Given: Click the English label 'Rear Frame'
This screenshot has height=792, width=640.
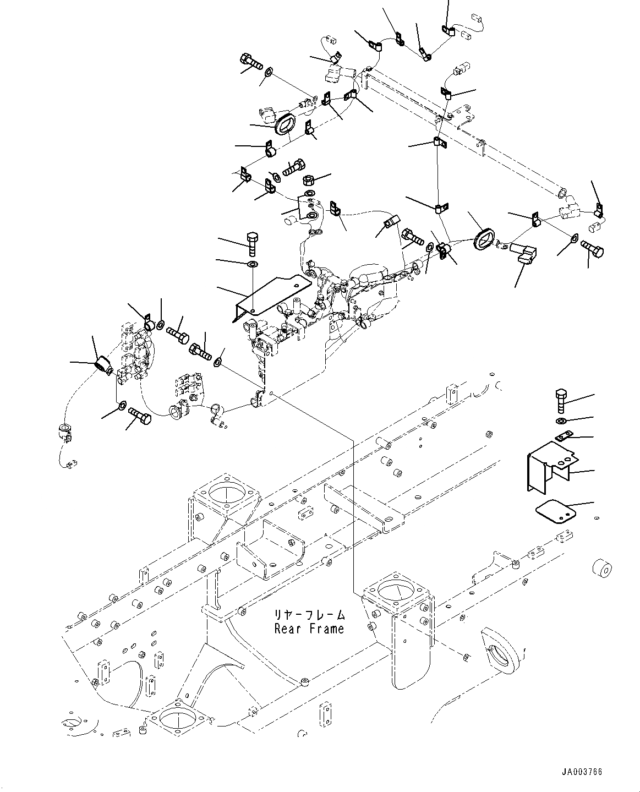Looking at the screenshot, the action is [309, 629].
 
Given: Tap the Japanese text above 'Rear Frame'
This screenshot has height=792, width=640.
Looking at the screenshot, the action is [309, 615].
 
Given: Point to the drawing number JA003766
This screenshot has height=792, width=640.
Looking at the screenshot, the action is [582, 772].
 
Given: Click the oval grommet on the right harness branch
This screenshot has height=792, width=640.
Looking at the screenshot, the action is [485, 239].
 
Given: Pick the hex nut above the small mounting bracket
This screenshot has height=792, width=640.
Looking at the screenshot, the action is [309, 180].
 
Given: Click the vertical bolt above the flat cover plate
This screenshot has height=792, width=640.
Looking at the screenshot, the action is [253, 244].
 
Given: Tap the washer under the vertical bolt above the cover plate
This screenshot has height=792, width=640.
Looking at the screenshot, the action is [253, 264].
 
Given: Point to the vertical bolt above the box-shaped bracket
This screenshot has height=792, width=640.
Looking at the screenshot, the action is [561, 401].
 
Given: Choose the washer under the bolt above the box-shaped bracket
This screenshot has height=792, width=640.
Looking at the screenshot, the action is [561, 420].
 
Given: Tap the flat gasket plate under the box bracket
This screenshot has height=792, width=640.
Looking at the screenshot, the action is [556, 511].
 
